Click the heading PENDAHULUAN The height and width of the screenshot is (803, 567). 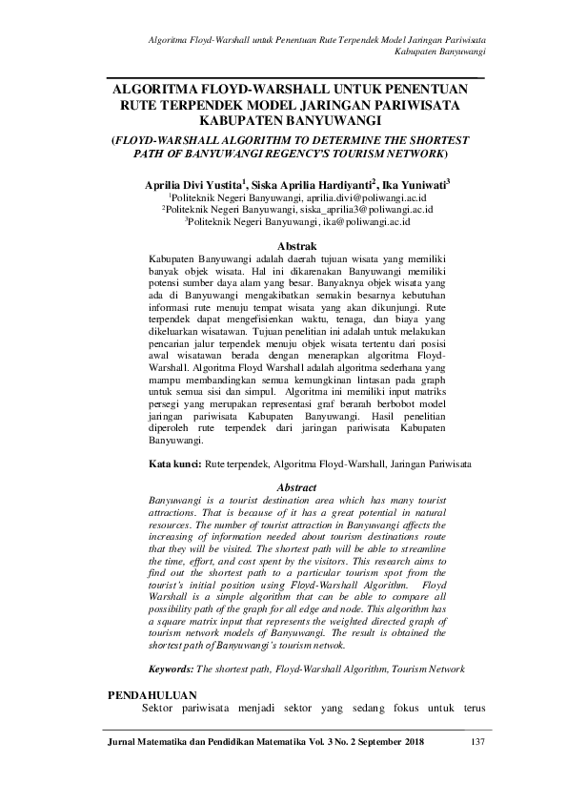pyautogui.click(x=155, y=696)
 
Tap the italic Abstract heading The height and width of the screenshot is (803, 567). pyautogui.click(x=296, y=486)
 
